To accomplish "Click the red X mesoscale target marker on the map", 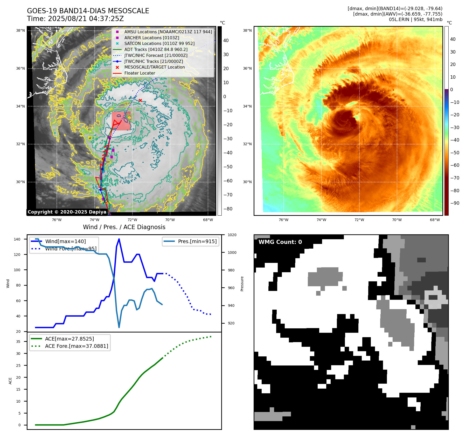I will coord(140,100).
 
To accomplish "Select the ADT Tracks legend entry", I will coord(156,49).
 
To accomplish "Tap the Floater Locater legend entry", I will coord(140,73).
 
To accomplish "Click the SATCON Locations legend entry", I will coord(159,43).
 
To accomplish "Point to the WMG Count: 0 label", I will coord(280,242).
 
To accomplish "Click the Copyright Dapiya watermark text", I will coord(67,212).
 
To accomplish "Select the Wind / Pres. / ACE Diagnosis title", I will coord(124,227).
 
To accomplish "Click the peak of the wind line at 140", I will coord(119,239).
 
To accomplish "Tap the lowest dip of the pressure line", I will coord(119,327).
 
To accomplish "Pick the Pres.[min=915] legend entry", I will coord(197,241).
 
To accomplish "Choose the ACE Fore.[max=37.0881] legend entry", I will coord(76,346).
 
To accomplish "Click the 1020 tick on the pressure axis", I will coord(232,235).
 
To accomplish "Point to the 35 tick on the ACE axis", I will coord(18,342).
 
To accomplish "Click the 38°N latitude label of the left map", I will coord(20,31).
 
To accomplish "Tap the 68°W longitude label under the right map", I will coord(435,220).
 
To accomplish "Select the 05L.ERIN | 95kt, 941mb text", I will coord(415,19).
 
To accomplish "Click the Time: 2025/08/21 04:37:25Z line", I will coord(75,19).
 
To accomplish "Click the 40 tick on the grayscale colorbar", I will coord(226,41).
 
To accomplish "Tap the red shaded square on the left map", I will coord(121,121).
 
